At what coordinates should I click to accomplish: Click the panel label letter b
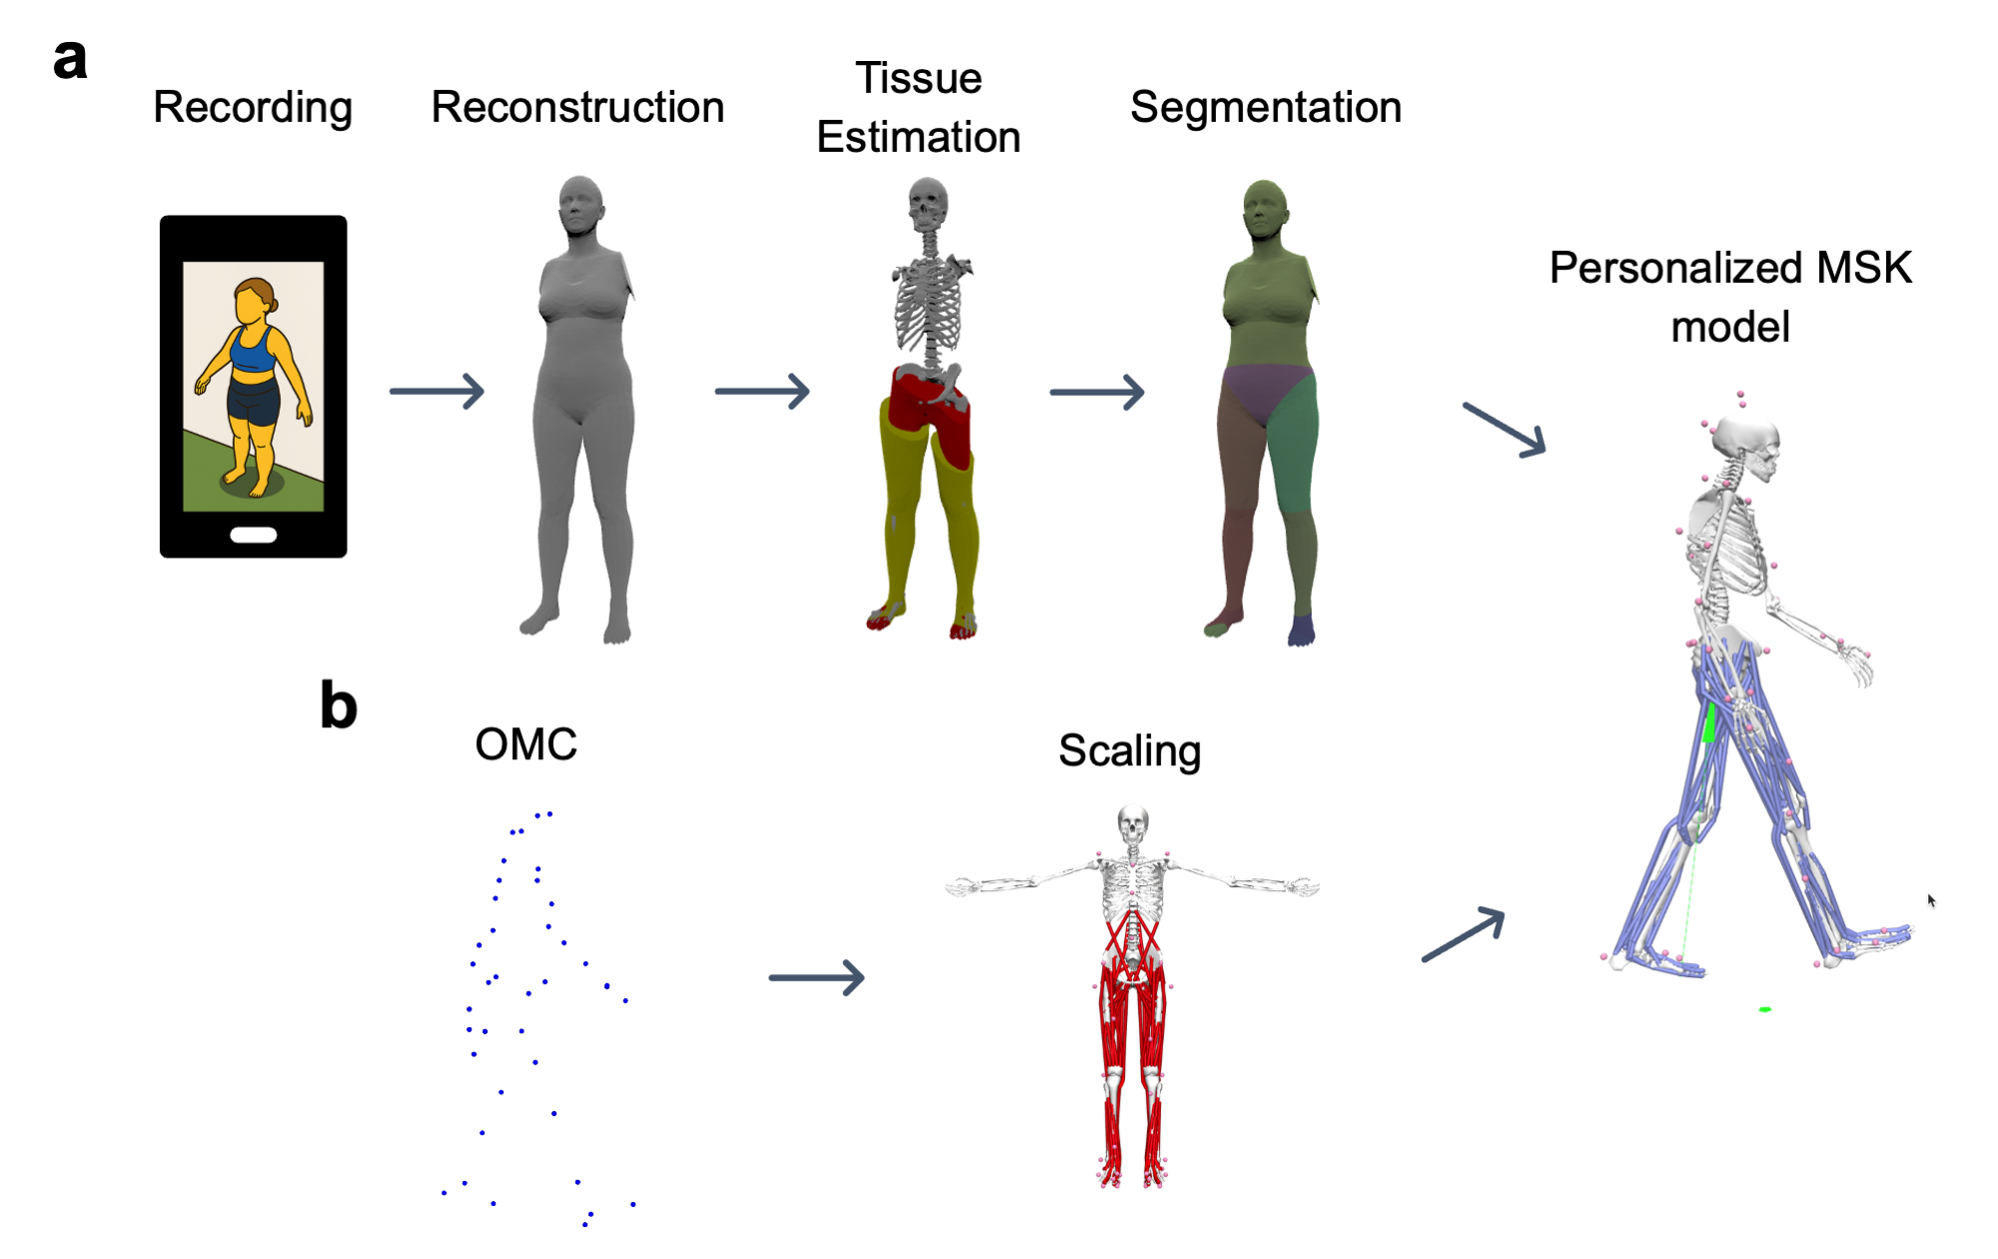coord(339,705)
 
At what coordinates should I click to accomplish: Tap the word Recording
coord(253,108)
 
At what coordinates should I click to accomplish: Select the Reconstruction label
coord(577,108)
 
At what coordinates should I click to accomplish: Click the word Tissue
coord(919,78)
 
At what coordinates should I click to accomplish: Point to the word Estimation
coord(918,138)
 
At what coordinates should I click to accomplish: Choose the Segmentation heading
coord(1266,108)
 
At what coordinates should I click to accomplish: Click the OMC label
coord(525,744)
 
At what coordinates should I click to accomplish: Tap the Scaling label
coord(1129,751)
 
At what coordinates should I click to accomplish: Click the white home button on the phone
coord(254,535)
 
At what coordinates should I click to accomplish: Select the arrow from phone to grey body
coord(437,391)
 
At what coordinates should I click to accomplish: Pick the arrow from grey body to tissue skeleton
coord(761,391)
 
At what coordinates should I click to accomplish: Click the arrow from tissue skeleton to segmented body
coord(1097,392)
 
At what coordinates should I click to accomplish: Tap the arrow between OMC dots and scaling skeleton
coord(816,977)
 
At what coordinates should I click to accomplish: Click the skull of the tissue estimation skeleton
coord(928,203)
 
